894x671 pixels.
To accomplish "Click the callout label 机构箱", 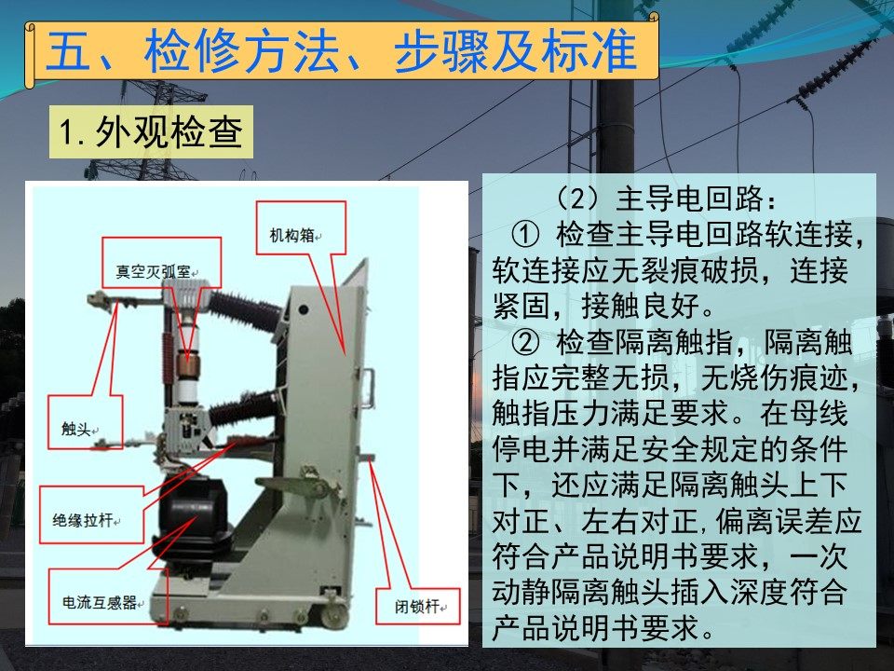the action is (x=292, y=235).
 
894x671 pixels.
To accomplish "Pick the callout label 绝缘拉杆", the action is (x=83, y=520).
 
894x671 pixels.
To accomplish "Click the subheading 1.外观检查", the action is (x=151, y=131).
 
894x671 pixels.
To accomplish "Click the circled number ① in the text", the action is (x=525, y=234).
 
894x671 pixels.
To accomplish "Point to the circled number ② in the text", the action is (x=525, y=342).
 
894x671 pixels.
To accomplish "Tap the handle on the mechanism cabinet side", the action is (x=369, y=388).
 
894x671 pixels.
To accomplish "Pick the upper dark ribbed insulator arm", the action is (x=245, y=311).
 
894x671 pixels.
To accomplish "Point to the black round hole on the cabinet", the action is (x=304, y=309).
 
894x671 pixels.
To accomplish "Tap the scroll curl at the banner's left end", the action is (x=31, y=55).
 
